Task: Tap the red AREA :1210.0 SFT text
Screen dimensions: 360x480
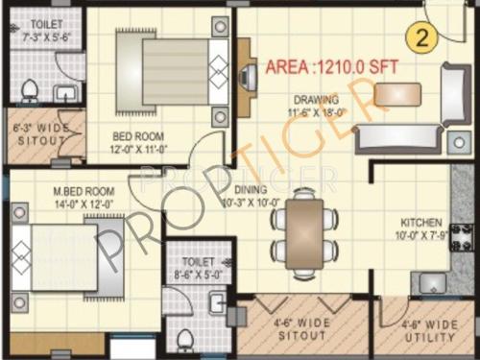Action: point(330,67)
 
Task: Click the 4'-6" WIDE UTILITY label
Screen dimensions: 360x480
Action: point(428,331)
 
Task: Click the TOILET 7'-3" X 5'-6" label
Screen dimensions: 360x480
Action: point(41,30)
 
